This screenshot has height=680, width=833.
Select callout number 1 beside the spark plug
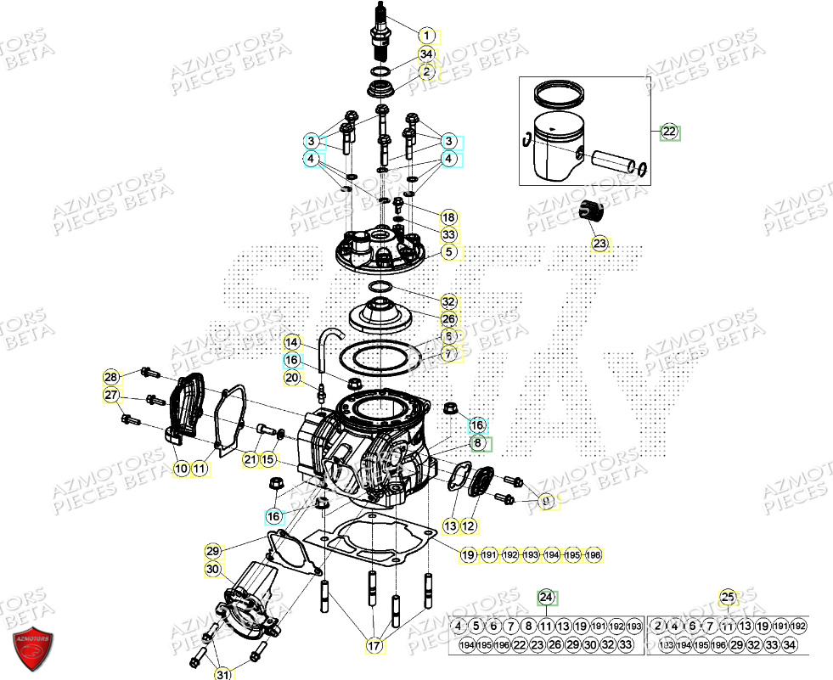click(x=426, y=36)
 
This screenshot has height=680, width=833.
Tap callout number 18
click(x=448, y=216)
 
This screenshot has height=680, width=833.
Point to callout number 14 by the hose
click(x=292, y=342)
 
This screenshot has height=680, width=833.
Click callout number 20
click(x=292, y=378)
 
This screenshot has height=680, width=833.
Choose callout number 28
click(x=111, y=377)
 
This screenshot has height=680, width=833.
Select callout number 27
click(x=111, y=396)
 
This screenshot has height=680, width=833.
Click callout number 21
click(x=250, y=459)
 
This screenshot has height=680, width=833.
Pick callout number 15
click(x=268, y=459)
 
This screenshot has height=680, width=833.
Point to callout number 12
click(x=469, y=526)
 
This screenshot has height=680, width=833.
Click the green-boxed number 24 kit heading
click(x=546, y=598)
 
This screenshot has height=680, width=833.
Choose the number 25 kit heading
click(x=727, y=598)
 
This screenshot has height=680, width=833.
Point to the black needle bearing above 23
click(x=588, y=211)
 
